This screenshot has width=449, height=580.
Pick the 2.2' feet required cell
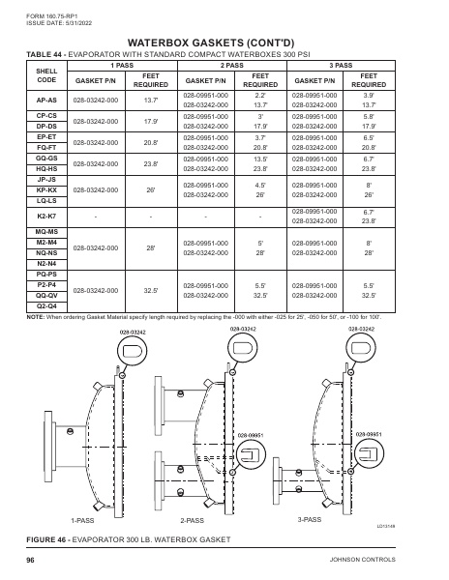point(260,95)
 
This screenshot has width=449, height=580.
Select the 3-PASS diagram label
point(310,518)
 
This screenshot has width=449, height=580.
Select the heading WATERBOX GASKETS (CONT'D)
point(224,43)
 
